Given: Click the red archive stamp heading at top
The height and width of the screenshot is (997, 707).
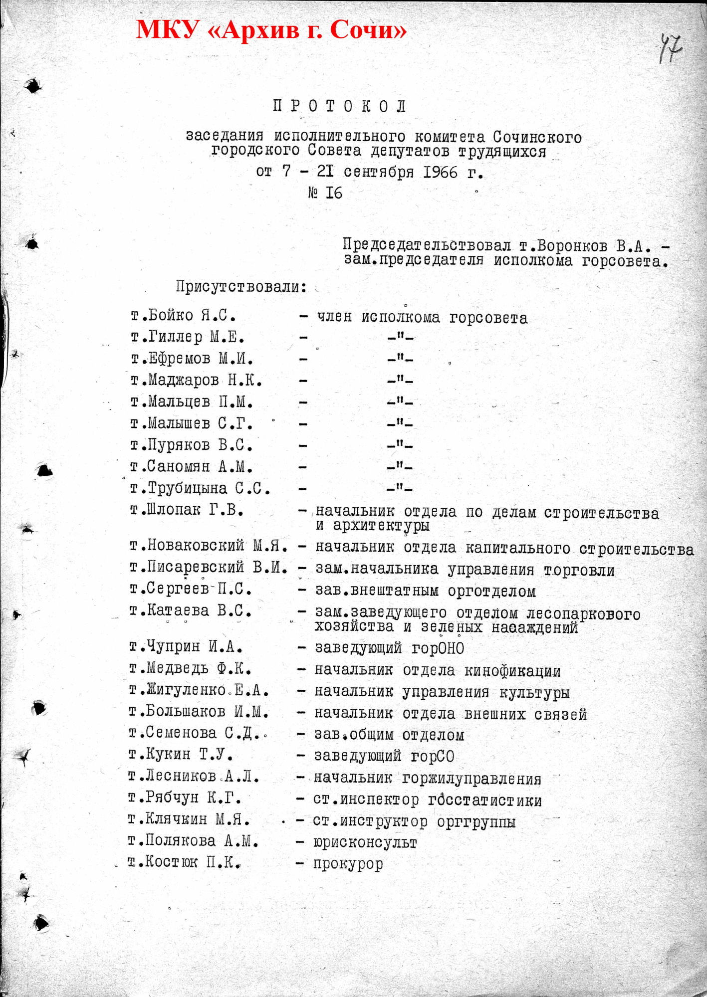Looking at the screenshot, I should coord(271,30).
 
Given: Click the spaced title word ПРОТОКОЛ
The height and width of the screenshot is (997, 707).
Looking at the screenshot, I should coord(340,106).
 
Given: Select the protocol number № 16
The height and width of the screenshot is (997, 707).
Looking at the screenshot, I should coord(325,193).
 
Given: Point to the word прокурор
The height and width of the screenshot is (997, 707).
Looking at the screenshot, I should coord(348,864).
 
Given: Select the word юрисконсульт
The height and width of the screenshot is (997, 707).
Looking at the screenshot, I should coord(365,842).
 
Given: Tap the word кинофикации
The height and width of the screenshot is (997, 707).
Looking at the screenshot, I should coord(512,671).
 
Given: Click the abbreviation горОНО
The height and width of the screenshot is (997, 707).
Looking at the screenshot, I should coord(438,648).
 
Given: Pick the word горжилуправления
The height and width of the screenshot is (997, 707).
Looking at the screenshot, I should coord(471,779).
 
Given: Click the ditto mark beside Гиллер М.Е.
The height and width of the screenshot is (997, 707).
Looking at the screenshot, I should coord(400,338).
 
